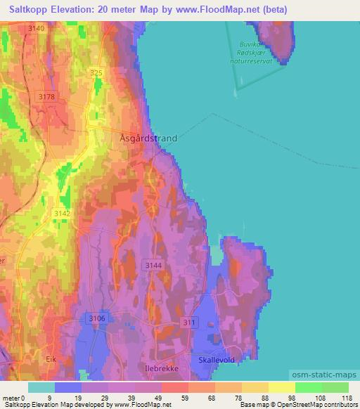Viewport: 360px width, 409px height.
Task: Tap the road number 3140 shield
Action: click(x=37, y=28)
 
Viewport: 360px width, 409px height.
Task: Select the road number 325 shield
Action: click(x=96, y=73)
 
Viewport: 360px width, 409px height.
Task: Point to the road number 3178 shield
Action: click(x=47, y=96)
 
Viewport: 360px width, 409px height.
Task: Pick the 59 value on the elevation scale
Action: click(x=174, y=398)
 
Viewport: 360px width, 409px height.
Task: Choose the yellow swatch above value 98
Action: click(x=281, y=387)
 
